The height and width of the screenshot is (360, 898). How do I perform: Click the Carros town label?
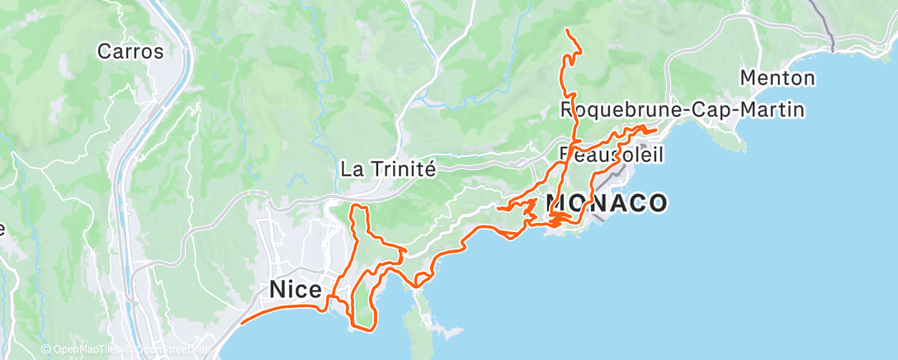click(x=130, y=51)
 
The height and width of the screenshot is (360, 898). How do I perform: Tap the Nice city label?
click(x=294, y=290)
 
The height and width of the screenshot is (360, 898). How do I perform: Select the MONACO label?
click(x=607, y=203)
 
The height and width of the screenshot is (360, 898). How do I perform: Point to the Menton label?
click(x=777, y=78)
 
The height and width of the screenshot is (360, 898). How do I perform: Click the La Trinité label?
click(x=388, y=170)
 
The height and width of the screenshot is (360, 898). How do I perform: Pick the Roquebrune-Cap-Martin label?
click(x=683, y=109)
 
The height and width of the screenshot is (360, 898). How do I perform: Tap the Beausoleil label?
click(x=612, y=154)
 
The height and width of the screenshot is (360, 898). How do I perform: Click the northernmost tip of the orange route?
click(x=567, y=31)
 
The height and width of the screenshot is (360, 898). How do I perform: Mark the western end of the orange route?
click(x=241, y=323)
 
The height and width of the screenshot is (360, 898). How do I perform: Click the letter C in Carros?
click(x=104, y=51)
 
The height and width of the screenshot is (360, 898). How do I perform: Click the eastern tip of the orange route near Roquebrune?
click(x=656, y=130)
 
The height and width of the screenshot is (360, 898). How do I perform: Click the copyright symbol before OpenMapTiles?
click(x=46, y=350)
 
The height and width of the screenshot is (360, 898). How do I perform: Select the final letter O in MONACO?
click(x=657, y=203)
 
